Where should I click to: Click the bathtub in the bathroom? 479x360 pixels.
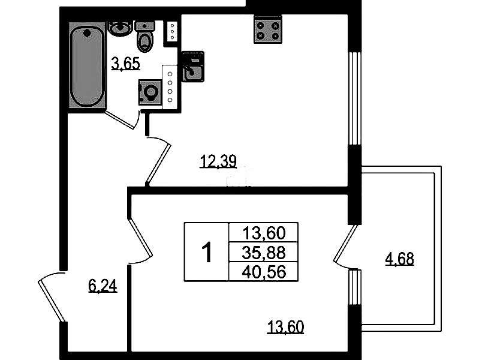[88, 65]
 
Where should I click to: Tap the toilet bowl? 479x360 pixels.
[145, 37]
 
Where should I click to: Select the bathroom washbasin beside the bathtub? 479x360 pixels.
[120, 28]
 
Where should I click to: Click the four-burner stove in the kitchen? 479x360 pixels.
[268, 29]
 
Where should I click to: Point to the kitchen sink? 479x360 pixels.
[193, 67]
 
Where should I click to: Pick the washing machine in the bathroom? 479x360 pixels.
[150, 92]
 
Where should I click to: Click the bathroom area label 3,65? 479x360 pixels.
[125, 64]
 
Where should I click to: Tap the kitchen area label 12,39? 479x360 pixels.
[218, 161]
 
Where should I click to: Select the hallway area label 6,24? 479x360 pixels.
[103, 287]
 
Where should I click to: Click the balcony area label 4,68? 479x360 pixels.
[400, 259]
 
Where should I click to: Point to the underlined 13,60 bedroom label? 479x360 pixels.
[285, 327]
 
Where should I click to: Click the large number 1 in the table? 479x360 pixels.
[207, 252]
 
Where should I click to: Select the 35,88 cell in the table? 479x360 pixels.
[264, 253]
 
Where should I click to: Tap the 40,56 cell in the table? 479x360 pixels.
[264, 271]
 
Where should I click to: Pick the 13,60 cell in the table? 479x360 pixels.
[264, 233]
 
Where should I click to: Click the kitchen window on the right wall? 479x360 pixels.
[355, 98]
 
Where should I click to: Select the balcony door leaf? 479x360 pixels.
[345, 243]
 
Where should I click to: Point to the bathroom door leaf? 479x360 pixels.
[120, 120]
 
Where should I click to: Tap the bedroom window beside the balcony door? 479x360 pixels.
[355, 287]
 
